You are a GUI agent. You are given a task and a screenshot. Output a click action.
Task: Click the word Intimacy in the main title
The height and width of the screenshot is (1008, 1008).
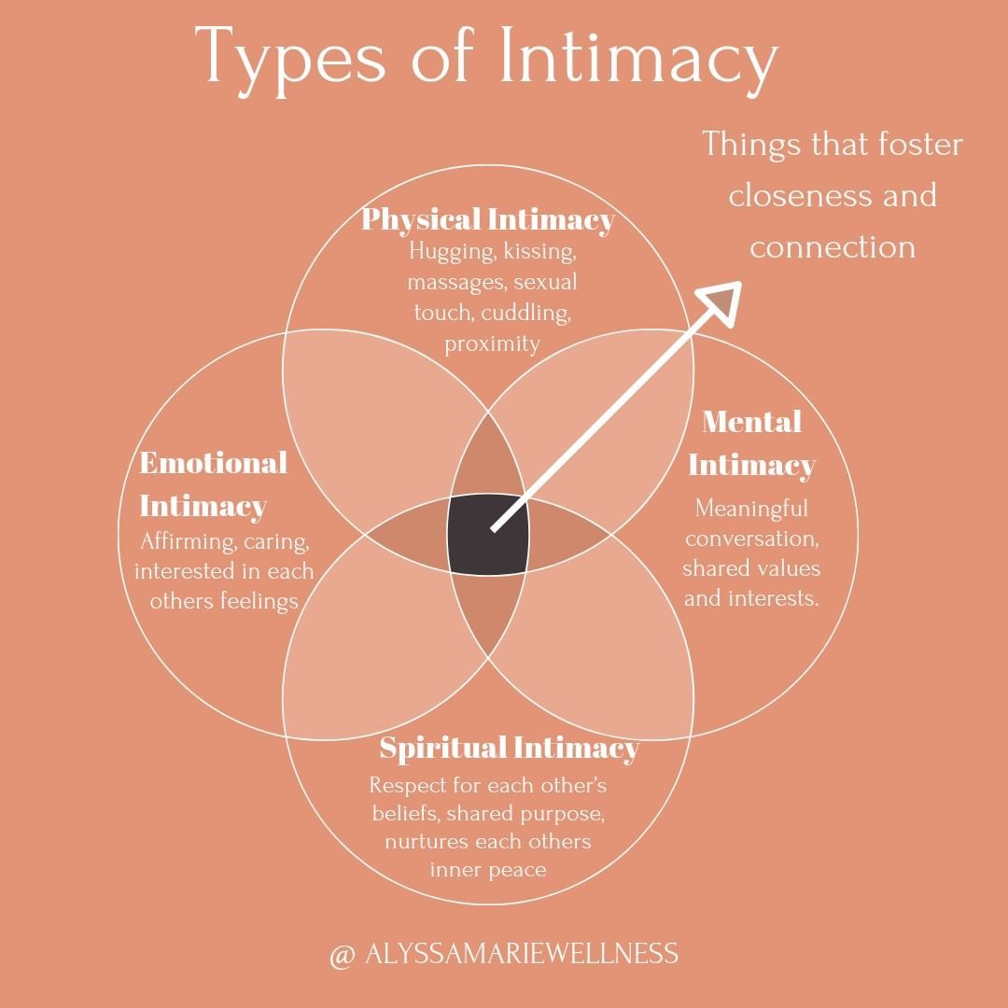click(638, 58)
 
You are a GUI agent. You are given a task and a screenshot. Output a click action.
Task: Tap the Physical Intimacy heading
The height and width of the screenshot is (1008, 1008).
click(487, 219)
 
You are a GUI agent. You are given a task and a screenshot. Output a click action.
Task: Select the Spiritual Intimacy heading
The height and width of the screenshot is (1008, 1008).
click(509, 748)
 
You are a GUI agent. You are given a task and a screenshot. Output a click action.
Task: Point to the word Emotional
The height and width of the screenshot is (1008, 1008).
click(213, 462)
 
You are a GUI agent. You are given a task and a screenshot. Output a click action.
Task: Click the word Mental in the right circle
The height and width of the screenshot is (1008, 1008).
click(751, 422)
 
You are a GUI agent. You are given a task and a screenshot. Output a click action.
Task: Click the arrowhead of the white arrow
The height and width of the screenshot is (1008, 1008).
click(721, 300)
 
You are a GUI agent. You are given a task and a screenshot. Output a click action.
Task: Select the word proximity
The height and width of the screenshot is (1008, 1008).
click(492, 343)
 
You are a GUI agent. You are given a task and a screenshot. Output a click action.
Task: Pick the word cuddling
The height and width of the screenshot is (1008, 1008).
click(525, 313)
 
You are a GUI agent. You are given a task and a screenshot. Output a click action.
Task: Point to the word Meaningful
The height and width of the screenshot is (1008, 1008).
click(751, 509)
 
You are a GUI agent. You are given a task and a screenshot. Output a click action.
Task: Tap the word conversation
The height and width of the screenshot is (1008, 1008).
click(751, 539)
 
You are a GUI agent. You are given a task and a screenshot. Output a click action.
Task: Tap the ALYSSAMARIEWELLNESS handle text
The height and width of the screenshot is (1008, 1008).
click(522, 954)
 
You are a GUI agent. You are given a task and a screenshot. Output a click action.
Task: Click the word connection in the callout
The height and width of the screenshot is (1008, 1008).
click(833, 246)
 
